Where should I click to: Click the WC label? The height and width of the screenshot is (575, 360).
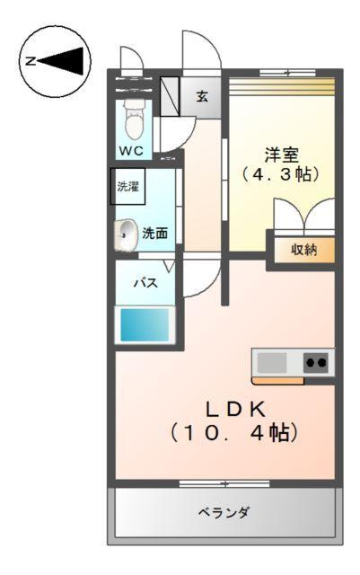click(130, 151)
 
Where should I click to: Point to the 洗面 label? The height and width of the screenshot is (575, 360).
click(154, 234)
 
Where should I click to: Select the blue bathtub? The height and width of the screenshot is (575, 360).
click(146, 324)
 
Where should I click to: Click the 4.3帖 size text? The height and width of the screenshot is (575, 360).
click(282, 174)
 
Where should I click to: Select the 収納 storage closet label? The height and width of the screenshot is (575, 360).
click(303, 249)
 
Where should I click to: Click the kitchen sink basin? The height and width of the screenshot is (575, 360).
click(273, 363)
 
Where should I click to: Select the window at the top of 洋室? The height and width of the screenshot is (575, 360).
click(281, 75)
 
